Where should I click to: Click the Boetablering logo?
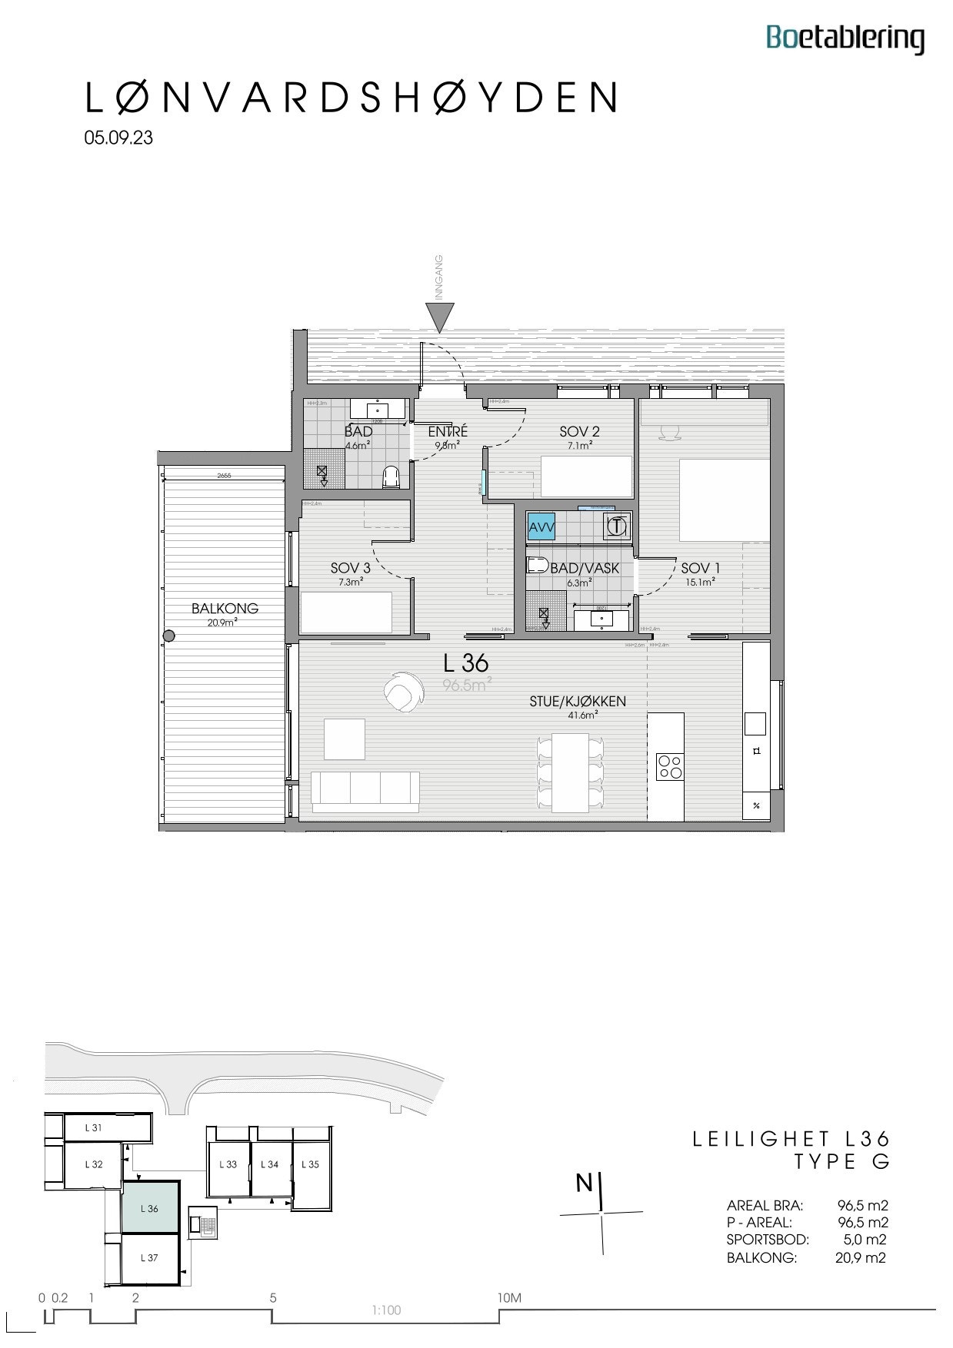(845, 38)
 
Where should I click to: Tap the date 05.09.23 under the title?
(118, 138)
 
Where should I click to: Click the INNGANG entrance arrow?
(440, 316)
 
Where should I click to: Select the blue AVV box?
(541, 528)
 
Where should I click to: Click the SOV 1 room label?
(700, 569)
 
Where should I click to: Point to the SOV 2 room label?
(579, 432)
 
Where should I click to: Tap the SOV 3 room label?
(350, 569)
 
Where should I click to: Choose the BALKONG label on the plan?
(225, 609)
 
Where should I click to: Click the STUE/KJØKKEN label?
(577, 702)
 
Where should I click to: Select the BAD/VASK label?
(585, 569)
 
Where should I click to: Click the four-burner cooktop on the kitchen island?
(670, 766)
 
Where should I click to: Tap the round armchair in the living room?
(402, 691)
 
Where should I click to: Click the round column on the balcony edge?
(169, 636)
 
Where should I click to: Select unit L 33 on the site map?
(228, 1164)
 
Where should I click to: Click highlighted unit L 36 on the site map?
(150, 1208)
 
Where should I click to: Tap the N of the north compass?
(585, 1184)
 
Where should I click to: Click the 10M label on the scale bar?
(510, 1298)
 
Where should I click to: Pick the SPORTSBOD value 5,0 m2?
(865, 1239)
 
